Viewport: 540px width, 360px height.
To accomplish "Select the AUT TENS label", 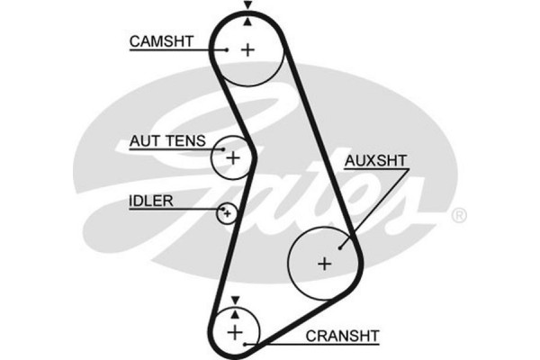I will coord(166,141).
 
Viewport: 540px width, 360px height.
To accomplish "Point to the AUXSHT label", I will coord(375,162).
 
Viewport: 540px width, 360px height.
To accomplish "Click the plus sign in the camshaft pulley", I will coord(248,50).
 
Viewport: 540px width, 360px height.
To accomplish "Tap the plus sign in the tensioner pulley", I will coord(233,158).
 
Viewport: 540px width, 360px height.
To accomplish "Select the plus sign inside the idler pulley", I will coord(227,213).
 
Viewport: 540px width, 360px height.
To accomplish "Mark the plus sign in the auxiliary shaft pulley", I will coord(324,264).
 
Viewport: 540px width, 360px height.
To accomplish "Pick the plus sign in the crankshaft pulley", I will coord(235,332).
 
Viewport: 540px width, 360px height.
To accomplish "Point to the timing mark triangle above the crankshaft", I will coord(235,301).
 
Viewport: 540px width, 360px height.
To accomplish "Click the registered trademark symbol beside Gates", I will coord(458,216).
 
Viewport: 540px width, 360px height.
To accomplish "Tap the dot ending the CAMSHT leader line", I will coord(228,49).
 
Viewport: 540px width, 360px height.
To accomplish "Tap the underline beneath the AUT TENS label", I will coord(171,150).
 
